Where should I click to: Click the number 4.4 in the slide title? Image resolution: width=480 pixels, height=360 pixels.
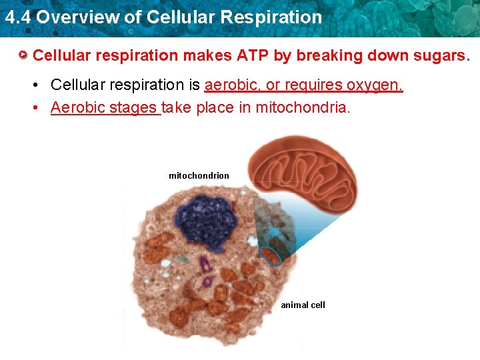click(17, 17)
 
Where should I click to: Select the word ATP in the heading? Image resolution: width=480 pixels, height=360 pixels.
click(254, 55)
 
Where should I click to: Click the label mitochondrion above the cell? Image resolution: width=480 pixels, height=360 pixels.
click(199, 176)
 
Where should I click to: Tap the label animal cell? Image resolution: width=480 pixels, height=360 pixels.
click(303, 305)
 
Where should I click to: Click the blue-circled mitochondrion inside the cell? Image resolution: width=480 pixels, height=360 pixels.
click(270, 255)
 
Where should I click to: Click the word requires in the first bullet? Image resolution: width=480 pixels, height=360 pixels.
click(312, 85)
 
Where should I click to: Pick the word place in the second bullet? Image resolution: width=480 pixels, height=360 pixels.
click(213, 107)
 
